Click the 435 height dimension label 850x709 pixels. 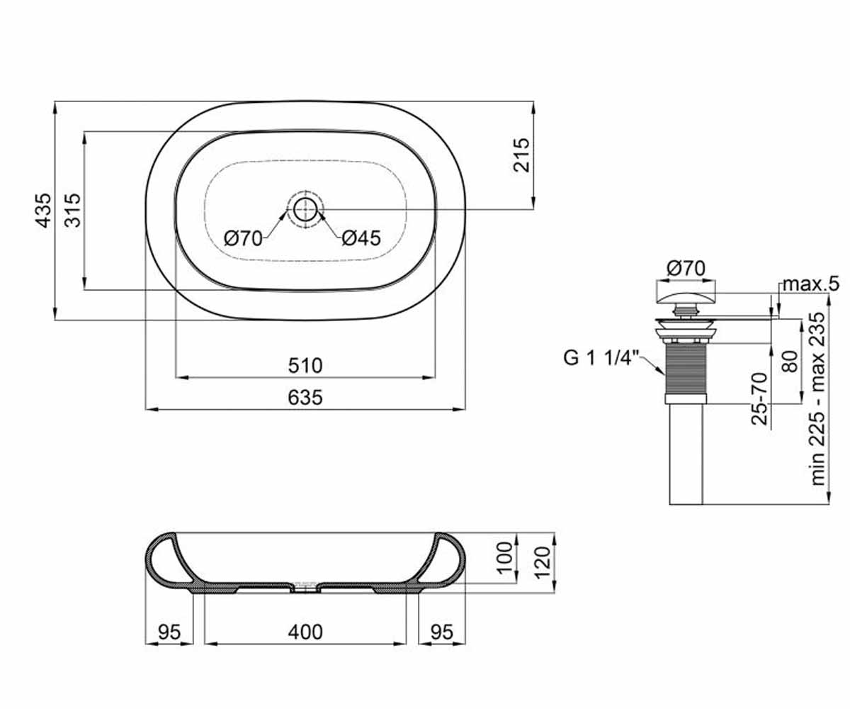click(43, 211)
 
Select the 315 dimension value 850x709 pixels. click(73, 211)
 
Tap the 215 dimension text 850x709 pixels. click(522, 155)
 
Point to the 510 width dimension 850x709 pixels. click(305, 366)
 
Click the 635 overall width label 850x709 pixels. click(305, 397)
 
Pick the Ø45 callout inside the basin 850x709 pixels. click(361, 238)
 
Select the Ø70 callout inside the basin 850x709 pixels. click(244, 238)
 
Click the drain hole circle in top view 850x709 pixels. click(305, 210)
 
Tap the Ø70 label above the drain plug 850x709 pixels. click(686, 269)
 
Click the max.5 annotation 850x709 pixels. click(811, 284)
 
